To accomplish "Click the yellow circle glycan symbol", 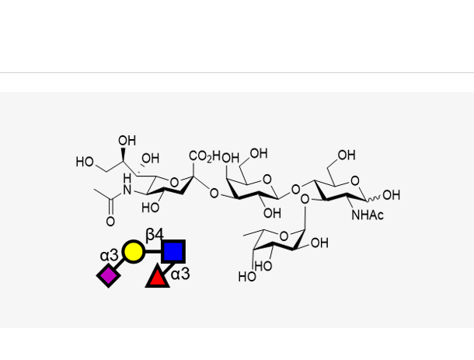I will click(x=133, y=251).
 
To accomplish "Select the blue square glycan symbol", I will click(x=173, y=251).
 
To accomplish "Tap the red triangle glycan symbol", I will click(x=158, y=275).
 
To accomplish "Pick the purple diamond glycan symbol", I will click(x=109, y=275).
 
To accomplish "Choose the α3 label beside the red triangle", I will click(x=180, y=274).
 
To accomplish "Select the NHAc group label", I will click(x=368, y=215).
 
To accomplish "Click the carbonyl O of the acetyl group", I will click(x=110, y=222).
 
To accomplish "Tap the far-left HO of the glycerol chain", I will click(x=85, y=163).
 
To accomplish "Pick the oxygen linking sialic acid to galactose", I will click(x=214, y=194).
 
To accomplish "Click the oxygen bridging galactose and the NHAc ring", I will click(x=293, y=188).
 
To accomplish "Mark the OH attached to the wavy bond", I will click(x=391, y=195).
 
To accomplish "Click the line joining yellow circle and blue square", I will click(x=153, y=251).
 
